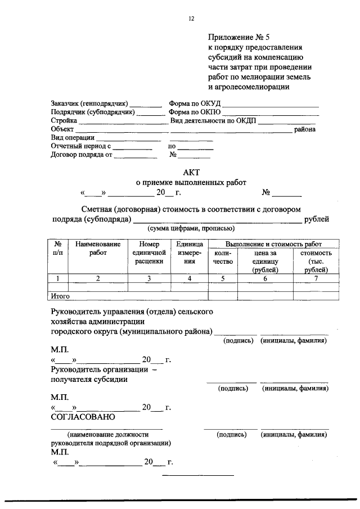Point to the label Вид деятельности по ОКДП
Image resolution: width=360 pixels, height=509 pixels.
coord(213,120)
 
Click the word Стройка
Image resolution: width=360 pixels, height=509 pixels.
coord(64,120)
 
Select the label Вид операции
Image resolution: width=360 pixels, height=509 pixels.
coord(73,137)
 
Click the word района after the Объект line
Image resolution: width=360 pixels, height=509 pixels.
coord(304,129)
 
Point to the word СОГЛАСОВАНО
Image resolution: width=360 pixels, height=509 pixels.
coord(83,417)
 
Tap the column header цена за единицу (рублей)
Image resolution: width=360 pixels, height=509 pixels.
coord(265,261)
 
